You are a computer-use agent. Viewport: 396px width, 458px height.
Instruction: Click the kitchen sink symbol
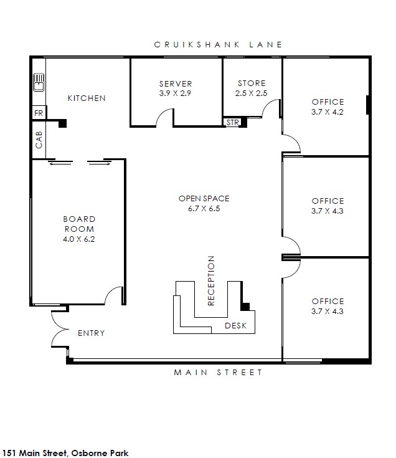click(x=39, y=82)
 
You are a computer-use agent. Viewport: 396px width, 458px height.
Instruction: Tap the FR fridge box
click(x=39, y=113)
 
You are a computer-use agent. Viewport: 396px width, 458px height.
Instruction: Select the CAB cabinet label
click(x=39, y=140)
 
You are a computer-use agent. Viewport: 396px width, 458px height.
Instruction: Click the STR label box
click(x=232, y=122)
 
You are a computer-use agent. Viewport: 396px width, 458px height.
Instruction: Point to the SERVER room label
click(x=176, y=84)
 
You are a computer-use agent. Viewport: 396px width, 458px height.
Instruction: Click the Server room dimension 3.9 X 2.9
click(x=175, y=93)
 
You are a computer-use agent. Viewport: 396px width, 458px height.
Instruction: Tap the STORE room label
click(x=252, y=83)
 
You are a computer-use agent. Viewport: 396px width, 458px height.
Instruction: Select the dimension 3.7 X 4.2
click(x=328, y=112)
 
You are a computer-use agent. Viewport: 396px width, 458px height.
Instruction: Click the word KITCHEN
click(x=87, y=98)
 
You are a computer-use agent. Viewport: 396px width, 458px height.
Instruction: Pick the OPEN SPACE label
click(x=204, y=199)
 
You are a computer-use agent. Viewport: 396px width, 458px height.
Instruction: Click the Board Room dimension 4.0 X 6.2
click(x=79, y=239)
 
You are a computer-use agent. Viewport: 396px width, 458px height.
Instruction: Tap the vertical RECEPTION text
click(x=211, y=280)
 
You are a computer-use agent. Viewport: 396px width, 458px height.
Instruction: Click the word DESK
click(x=236, y=326)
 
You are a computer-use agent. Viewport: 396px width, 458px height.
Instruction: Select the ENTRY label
click(x=92, y=333)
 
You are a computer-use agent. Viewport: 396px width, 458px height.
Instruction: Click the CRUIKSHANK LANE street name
click(x=218, y=45)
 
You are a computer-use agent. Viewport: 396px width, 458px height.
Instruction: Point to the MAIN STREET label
click(x=219, y=373)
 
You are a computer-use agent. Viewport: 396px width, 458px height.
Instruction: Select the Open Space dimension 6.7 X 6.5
click(x=204, y=209)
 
